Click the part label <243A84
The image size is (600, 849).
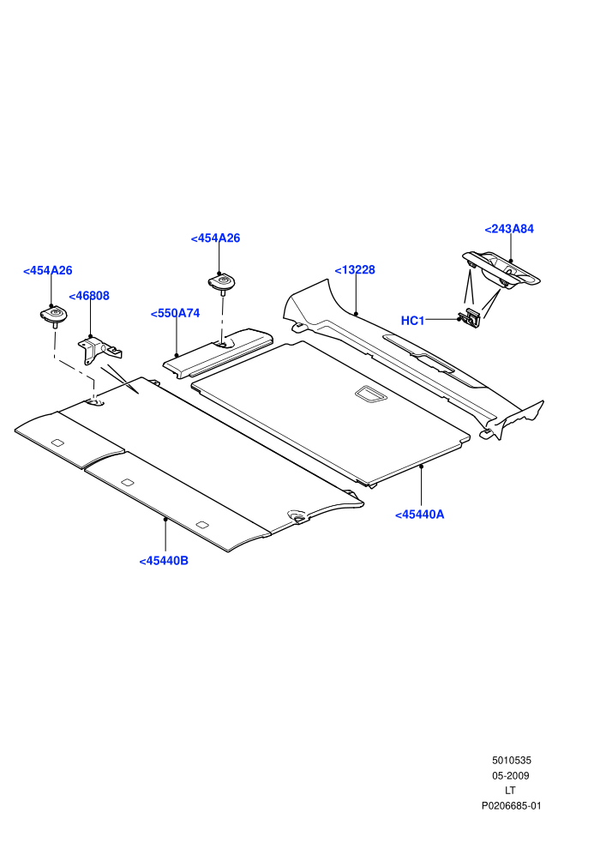coord(509,229)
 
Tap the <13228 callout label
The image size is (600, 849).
coord(355,270)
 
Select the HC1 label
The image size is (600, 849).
coord(413,321)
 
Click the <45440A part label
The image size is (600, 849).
coord(420,515)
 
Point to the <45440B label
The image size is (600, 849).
coord(164,561)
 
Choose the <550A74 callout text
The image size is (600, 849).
coord(176,314)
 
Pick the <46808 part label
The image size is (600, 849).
coord(89,296)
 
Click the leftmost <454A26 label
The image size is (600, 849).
coord(48,271)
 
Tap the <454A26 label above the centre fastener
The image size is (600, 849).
coord(215,238)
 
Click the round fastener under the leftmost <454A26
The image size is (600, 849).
coord(53,316)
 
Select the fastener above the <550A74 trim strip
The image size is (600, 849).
coord(222,283)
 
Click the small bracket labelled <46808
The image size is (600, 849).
coord(99,351)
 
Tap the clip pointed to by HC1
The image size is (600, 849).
coord(470,319)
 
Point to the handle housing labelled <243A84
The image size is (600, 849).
coord(501,269)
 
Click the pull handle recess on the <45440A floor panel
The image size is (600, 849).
coord(370,394)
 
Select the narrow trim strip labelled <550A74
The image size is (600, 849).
coord(218,352)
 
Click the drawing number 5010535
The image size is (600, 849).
coord(511,760)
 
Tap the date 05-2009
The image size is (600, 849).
coord(511,775)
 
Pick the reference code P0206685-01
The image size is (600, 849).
coord(511,805)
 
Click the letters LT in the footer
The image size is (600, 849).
coord(510,791)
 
